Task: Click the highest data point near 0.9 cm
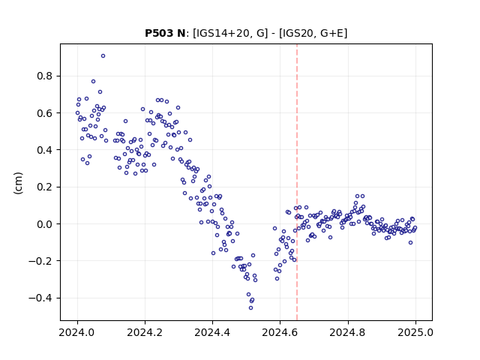click(103, 56)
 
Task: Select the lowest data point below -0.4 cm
click(250, 308)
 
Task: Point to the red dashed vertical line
click(297, 182)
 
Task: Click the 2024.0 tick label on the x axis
click(77, 332)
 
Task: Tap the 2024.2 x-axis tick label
click(145, 332)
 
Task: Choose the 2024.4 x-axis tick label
click(212, 332)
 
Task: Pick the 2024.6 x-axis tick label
click(280, 332)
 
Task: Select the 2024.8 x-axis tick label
click(348, 332)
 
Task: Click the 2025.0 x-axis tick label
click(415, 332)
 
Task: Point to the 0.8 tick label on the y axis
click(44, 76)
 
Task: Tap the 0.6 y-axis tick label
click(44, 113)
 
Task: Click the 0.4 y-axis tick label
click(44, 150)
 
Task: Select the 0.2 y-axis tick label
click(44, 187)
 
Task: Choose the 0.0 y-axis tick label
click(44, 224)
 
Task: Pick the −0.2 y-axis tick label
click(40, 261)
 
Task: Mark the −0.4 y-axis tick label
click(40, 298)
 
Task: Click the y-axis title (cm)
click(18, 183)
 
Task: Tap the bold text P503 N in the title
click(165, 33)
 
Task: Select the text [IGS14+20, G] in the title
click(230, 33)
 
